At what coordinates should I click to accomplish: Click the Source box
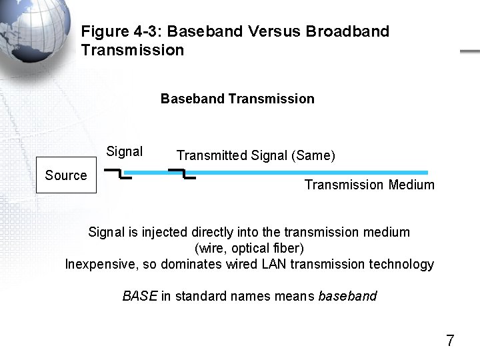66,175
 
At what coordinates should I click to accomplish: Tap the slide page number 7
450,341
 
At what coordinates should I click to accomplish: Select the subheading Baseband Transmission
237,99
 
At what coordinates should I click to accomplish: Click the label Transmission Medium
369,185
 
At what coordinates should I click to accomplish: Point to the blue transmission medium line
313,173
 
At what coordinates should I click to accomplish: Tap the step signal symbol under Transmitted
181,174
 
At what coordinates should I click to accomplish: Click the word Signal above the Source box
125,151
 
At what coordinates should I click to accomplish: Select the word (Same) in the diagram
313,156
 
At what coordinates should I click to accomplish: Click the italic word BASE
140,296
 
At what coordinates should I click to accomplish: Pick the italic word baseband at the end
348,296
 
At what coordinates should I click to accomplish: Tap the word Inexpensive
101,264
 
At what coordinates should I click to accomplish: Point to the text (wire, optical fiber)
249,248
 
